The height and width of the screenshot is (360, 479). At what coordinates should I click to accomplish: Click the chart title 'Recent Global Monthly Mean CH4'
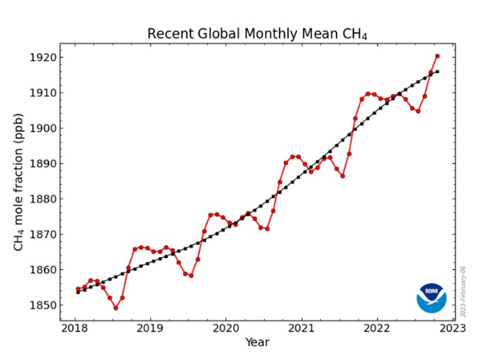[x=257, y=33]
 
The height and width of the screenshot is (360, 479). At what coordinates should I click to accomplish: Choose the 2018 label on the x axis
[x=74, y=328]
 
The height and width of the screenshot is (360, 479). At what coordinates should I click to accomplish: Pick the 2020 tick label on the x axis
[x=226, y=328]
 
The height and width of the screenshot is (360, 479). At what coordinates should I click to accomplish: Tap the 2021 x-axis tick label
[x=302, y=328]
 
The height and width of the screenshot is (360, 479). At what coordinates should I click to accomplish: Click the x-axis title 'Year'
[x=257, y=342]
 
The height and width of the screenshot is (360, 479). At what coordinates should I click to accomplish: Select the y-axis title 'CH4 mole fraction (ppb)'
[x=18, y=182]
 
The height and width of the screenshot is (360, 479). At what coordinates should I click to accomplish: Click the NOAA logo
[x=432, y=298]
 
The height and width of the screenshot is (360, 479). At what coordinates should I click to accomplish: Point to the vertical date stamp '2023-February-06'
[x=463, y=291]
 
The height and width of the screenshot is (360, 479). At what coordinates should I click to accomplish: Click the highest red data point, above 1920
[x=437, y=56]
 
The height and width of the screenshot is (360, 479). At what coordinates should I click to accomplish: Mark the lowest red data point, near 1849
[x=115, y=308]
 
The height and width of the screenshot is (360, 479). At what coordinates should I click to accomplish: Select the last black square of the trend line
[x=437, y=72]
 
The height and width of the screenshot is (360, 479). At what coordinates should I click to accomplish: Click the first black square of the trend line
[x=78, y=293]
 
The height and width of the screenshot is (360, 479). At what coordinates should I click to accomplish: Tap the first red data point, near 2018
[x=78, y=289]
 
